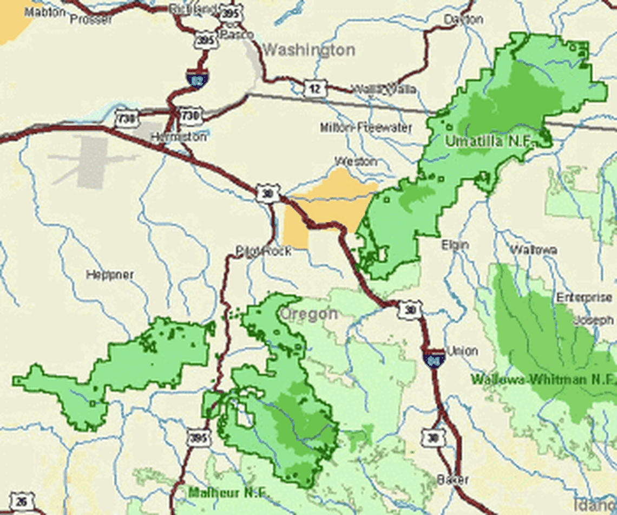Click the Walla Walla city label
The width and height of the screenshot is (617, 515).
[x=385, y=89]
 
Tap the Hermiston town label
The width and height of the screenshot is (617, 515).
[x=178, y=137]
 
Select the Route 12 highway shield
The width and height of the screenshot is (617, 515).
[x=314, y=88]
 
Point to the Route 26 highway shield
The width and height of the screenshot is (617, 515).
[x=21, y=501]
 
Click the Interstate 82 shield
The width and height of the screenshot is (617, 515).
[x=196, y=78]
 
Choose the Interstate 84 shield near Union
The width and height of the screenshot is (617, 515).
[x=434, y=357]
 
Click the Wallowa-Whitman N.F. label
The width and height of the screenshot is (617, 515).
[x=543, y=379]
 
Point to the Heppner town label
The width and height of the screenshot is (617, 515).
[x=110, y=275]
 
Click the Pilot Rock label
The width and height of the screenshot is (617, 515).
[x=263, y=251]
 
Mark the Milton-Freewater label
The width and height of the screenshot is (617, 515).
[x=366, y=128]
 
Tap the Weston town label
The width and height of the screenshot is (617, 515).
[x=356, y=161]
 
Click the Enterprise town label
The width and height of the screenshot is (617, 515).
[x=585, y=297]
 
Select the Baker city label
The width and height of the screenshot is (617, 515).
[x=453, y=479]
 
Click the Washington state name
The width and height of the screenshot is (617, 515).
[x=308, y=50]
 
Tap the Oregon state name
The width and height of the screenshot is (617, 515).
[x=308, y=314]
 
